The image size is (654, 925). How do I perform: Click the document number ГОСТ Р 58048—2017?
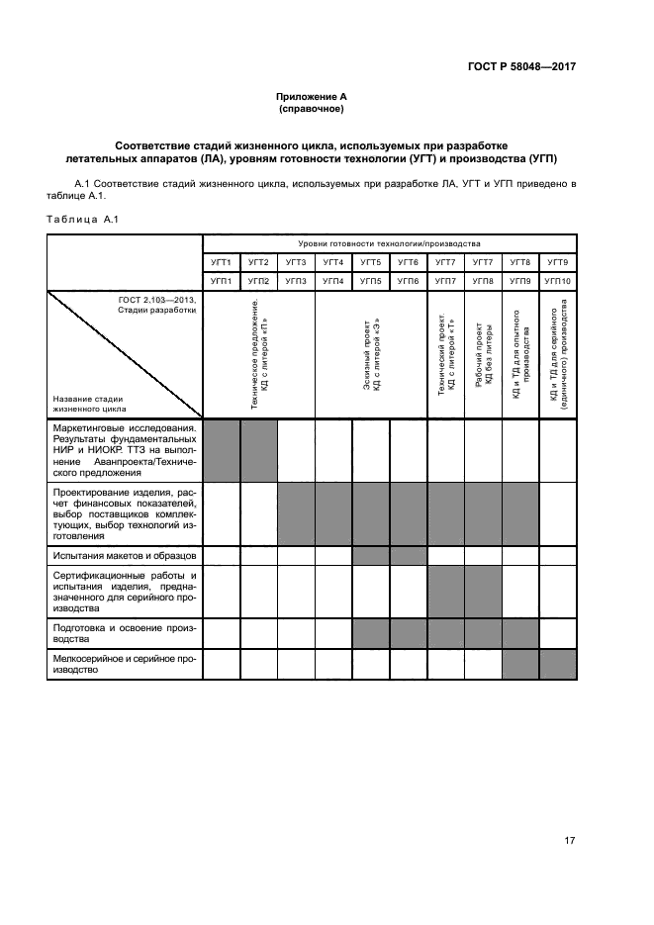[521, 67]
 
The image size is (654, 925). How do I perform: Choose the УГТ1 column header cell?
[222, 262]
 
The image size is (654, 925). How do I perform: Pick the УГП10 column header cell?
[557, 281]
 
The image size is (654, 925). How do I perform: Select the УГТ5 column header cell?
[371, 262]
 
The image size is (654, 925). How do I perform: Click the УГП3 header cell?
[296, 281]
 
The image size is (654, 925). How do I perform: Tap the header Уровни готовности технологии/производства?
[389, 243]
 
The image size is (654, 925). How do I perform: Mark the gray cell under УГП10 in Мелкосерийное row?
[557, 665]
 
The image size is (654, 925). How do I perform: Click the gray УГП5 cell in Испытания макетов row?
[371, 556]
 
